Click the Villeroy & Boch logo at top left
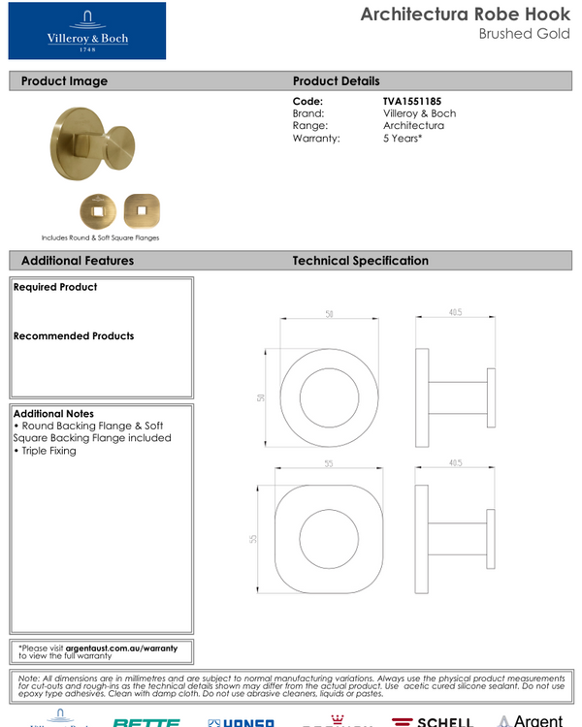87,31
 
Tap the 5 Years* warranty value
403,139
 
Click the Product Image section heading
64,81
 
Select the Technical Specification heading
360,261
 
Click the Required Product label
55,287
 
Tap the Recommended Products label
74,336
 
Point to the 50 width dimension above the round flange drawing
329,315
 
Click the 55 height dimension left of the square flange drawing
254,538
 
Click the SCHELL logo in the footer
433,721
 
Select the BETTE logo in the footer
145,722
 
